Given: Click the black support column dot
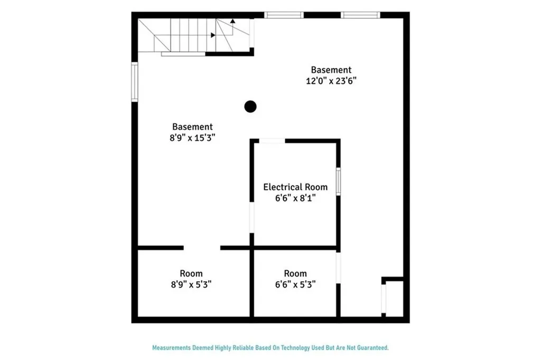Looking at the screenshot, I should coord(250,107).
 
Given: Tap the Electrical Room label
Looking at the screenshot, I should coord(295,187).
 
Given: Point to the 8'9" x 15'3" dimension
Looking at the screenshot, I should coord(192,137).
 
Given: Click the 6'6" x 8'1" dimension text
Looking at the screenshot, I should coord(295,198).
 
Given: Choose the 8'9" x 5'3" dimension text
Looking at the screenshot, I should coord(191,284).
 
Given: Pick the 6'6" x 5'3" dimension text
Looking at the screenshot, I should coord(295,284).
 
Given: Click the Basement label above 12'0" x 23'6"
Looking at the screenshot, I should coord(331,69).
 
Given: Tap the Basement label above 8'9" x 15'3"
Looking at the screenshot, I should coord(192,126).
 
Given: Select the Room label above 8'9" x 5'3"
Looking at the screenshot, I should coord(191,273).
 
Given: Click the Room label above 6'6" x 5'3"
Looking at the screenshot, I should coord(295,273).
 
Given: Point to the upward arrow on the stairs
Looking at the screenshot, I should coord(232,22).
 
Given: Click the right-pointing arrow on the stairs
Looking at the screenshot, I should coord(212,35).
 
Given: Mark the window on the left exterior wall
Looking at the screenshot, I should coord(135,82).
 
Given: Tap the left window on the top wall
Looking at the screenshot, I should coord(284,15).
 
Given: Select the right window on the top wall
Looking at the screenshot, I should coord(360,15).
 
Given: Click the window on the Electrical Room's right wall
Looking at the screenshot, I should coord(338,181).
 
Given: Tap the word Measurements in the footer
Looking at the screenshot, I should coord(172,348).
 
